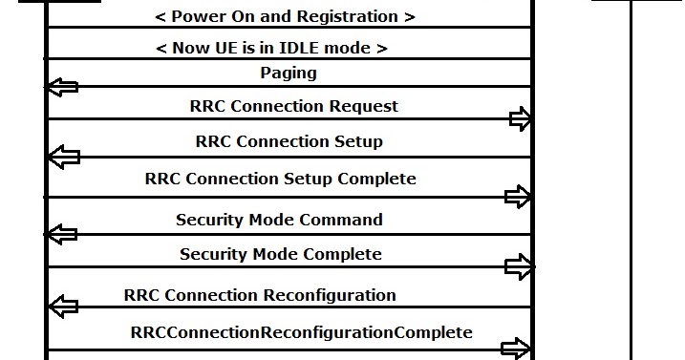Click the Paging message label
pyautogui.click(x=288, y=73)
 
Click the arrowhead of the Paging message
pyautogui.click(x=62, y=87)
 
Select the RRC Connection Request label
pyautogui.click(x=294, y=106)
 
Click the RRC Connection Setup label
pyautogui.click(x=289, y=141)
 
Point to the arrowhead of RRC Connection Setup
pyautogui.click(x=62, y=156)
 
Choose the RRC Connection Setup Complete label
pyautogui.click(x=280, y=179)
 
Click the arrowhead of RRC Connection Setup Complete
pyautogui.click(x=518, y=197)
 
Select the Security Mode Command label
pyautogui.click(x=279, y=220)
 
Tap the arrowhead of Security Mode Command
pyautogui.click(x=62, y=234)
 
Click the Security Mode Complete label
pyautogui.click(x=280, y=254)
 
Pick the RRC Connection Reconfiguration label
pyautogui.click(x=260, y=295)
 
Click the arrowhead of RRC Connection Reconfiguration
pyautogui.click(x=62, y=307)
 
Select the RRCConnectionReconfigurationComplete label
pyautogui.click(x=301, y=332)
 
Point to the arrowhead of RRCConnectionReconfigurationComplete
pyautogui.click(x=517, y=349)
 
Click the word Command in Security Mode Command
pyautogui.click(x=341, y=220)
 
